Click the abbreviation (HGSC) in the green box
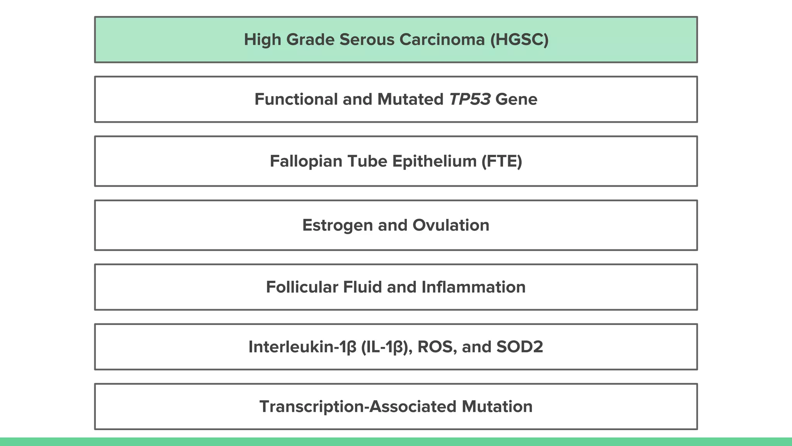click(519, 39)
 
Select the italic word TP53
click(469, 99)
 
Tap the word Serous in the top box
click(367, 39)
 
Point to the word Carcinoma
click(442, 39)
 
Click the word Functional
click(296, 99)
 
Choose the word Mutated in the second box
click(410, 99)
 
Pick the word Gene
click(516, 99)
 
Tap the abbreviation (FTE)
click(502, 161)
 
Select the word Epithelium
click(434, 161)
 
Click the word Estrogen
click(337, 225)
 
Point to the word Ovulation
click(451, 225)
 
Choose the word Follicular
click(302, 287)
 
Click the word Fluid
click(362, 287)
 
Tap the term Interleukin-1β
click(302, 347)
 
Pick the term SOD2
click(520, 347)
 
